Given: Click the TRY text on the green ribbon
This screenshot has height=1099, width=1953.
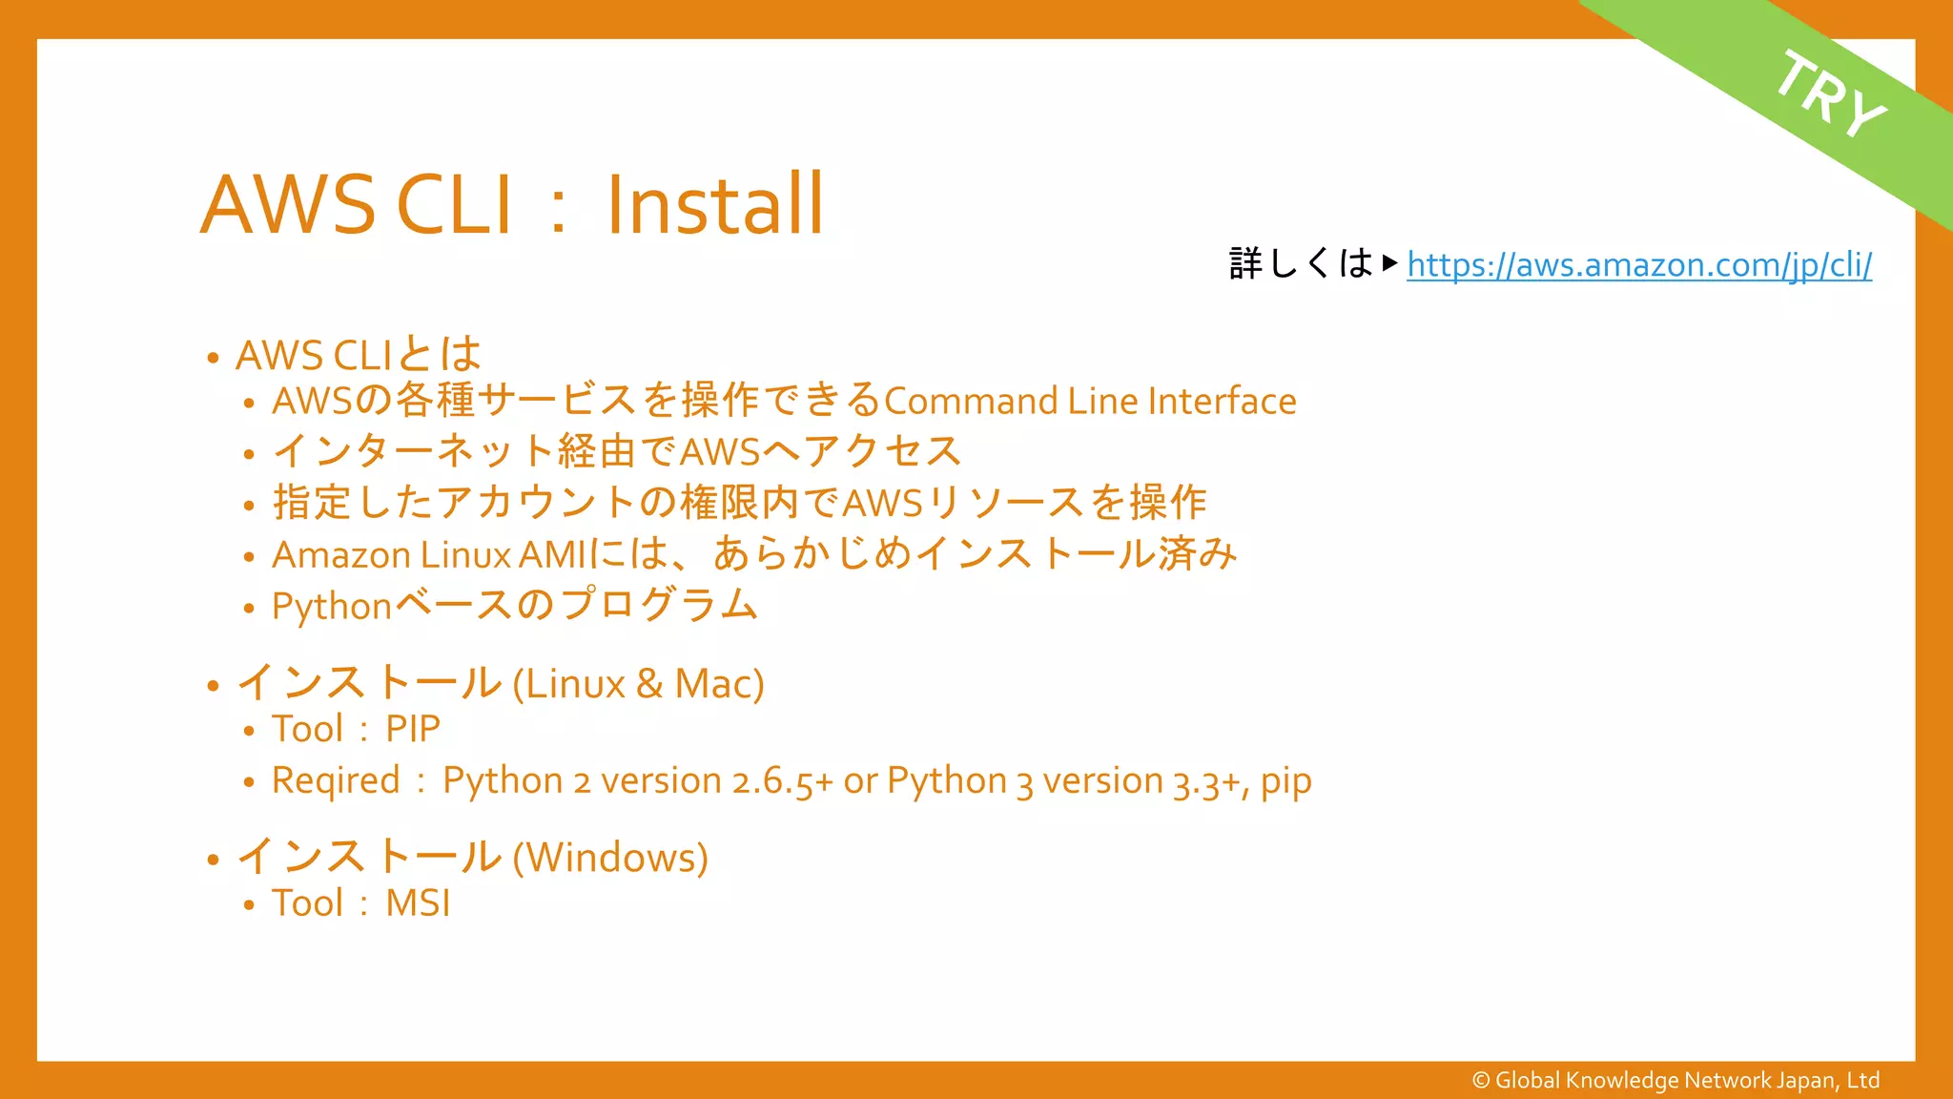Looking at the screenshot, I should click(1830, 93).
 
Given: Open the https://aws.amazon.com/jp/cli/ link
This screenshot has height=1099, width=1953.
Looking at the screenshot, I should click(1638, 264).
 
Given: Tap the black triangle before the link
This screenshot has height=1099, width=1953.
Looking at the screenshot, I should click(1389, 262).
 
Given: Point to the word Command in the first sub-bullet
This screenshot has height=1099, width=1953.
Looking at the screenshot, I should click(970, 402).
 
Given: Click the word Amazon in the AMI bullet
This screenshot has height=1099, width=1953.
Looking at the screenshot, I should click(340, 555).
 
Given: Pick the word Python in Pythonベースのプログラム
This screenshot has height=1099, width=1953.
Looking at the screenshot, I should click(332, 607).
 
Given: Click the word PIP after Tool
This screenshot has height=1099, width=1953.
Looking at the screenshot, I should click(413, 730).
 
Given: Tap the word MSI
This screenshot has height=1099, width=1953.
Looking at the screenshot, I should click(418, 903).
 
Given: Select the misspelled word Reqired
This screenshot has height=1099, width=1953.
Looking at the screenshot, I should click(336, 781).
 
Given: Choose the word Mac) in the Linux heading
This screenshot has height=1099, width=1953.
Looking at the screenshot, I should click(719, 684).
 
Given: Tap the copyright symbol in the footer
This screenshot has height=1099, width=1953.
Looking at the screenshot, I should click(1481, 1080).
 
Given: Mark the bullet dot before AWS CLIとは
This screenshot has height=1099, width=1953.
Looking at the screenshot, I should click(213, 359).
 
